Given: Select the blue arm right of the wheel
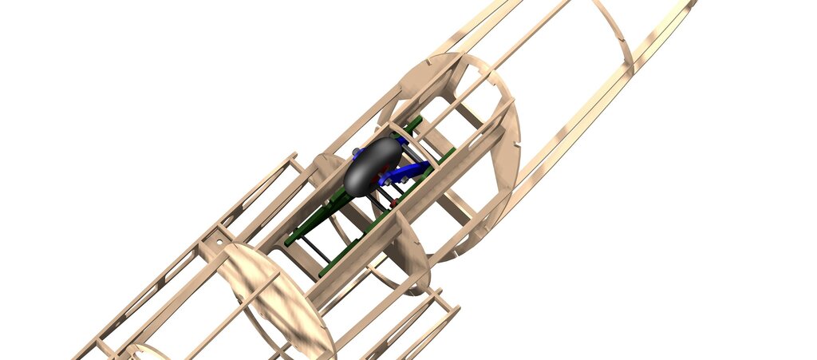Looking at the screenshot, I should (412, 171).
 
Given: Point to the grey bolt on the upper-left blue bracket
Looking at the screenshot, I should (353, 150).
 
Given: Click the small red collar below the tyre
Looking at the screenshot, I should (393, 205).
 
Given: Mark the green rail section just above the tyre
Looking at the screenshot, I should (412, 128).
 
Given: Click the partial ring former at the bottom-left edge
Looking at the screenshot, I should (144, 351).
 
